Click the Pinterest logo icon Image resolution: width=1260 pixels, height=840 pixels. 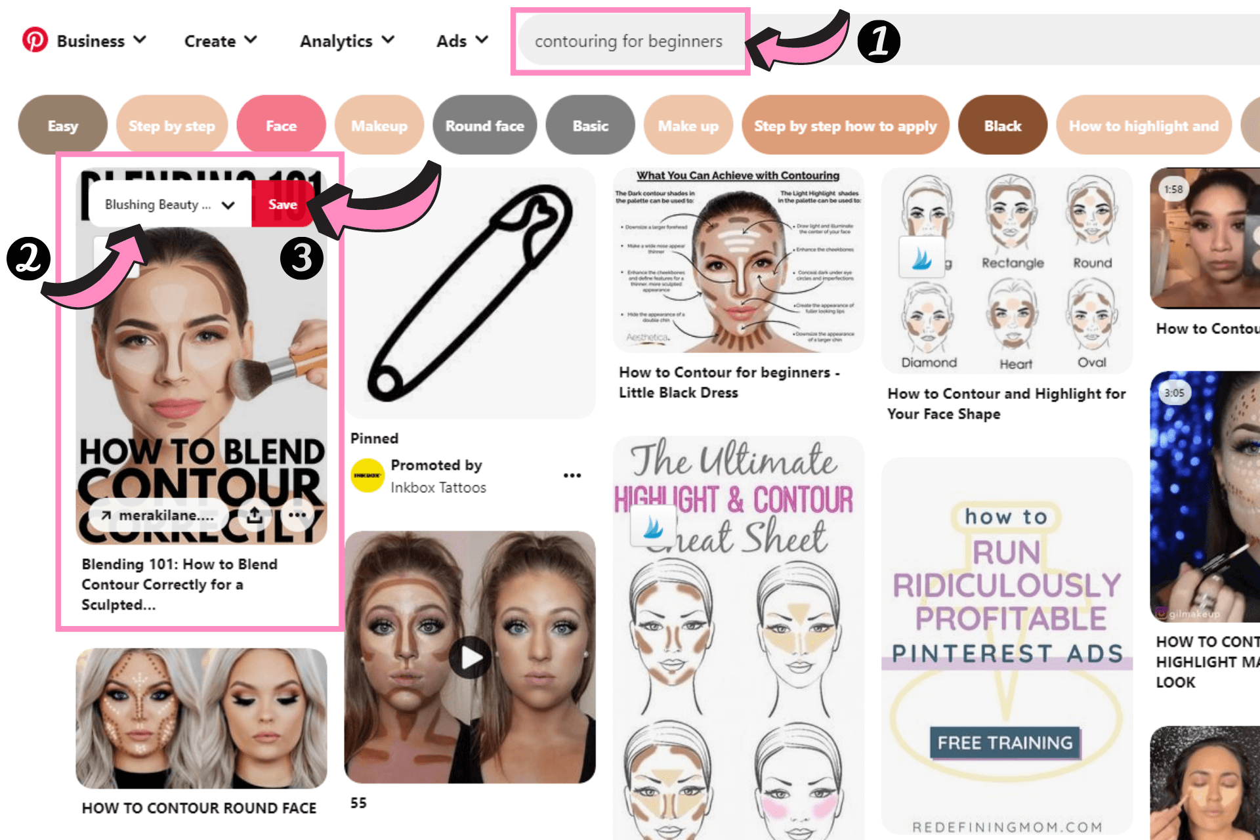click(35, 40)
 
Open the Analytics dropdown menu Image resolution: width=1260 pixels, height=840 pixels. click(347, 41)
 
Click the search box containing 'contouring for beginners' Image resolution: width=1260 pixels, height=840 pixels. click(629, 41)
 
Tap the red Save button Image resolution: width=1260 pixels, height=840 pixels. click(282, 205)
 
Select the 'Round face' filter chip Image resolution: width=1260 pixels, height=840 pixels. click(484, 126)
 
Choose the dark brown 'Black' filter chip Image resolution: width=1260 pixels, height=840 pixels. click(1002, 126)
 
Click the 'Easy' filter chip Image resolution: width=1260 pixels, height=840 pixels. click(63, 126)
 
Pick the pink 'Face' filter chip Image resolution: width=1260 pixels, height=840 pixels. click(281, 126)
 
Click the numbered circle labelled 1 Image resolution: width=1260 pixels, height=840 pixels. click(879, 41)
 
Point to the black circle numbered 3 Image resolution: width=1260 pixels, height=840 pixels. click(301, 258)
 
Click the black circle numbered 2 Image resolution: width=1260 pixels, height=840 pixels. click(28, 258)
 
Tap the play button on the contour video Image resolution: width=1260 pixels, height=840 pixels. click(470, 657)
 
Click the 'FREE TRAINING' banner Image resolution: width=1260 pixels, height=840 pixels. click(1005, 743)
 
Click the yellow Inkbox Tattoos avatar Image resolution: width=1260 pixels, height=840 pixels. click(367, 476)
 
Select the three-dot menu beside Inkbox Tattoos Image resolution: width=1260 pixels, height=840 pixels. click(572, 476)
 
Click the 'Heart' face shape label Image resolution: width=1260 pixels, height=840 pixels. click(1015, 364)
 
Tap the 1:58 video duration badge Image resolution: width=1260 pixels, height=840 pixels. click(1173, 190)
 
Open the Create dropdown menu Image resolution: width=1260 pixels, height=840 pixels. click(220, 41)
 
